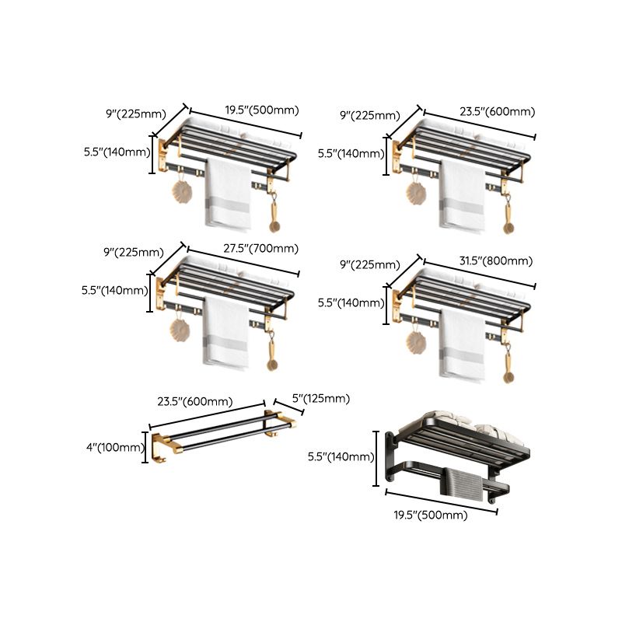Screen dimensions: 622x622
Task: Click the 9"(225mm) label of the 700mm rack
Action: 134,252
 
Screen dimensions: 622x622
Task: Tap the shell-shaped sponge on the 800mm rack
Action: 415,340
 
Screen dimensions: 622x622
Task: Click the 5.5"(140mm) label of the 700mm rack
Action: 114,291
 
